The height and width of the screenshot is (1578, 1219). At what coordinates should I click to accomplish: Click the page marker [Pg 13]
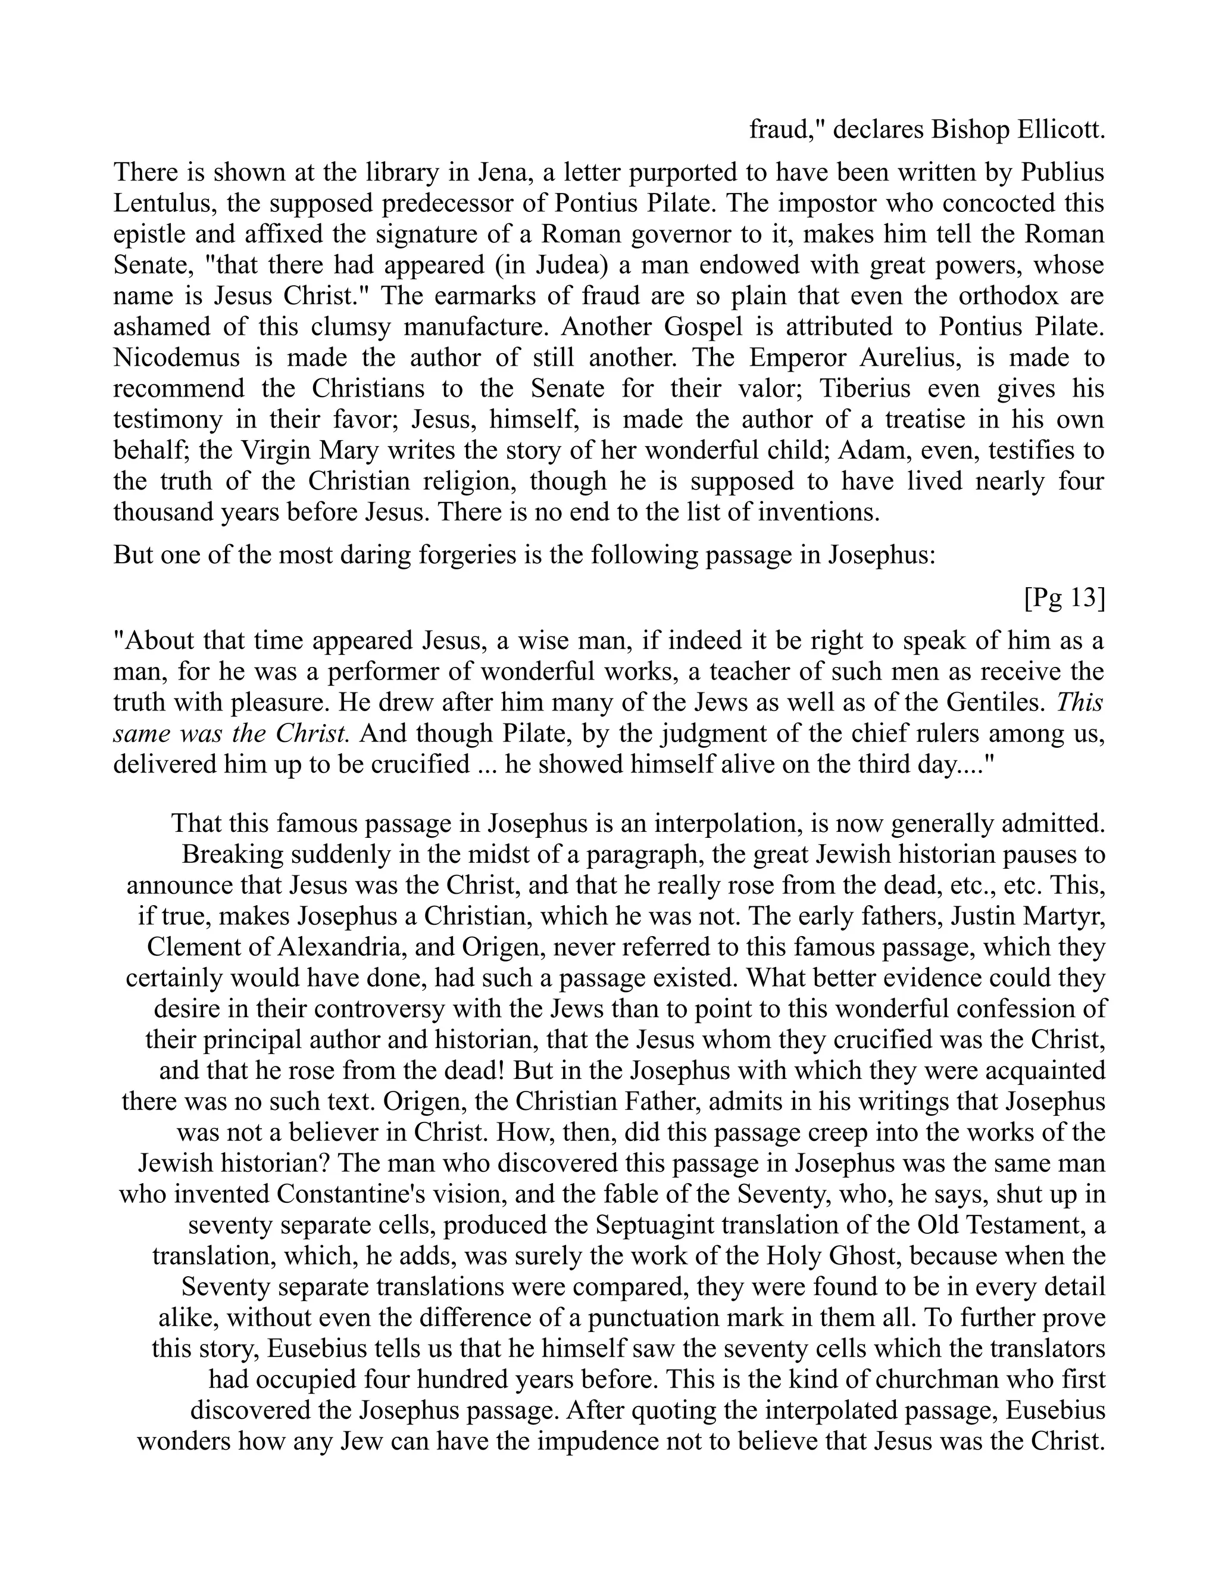(x=1064, y=598)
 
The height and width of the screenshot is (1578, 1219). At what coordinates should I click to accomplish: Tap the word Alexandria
(x=332, y=947)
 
